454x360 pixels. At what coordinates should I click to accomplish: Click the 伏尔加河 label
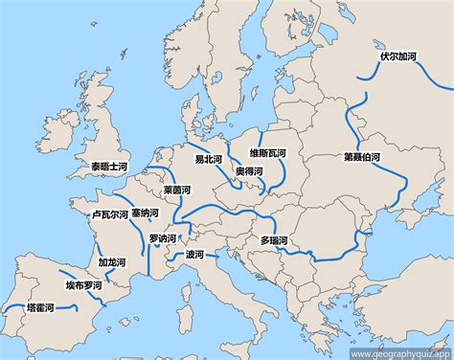pos(398,56)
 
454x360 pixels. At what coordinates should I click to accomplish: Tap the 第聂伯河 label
pos(362,155)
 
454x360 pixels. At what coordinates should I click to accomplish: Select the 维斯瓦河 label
pos(269,152)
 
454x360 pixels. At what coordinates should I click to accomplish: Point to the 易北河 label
pos(209,159)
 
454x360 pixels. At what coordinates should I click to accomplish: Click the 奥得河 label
pos(249,170)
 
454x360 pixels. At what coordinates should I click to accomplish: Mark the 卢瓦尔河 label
pos(108,215)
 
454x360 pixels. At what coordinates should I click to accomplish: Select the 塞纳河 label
pos(146,213)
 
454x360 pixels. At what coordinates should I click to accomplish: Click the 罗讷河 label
pos(164,237)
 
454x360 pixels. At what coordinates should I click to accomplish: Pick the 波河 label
pos(194,255)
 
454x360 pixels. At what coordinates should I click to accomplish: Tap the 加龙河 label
pos(115,260)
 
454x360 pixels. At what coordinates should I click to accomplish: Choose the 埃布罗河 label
pos(84,285)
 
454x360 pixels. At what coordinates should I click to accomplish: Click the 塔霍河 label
pos(40,308)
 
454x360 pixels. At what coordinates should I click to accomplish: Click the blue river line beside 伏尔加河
pos(369,81)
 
